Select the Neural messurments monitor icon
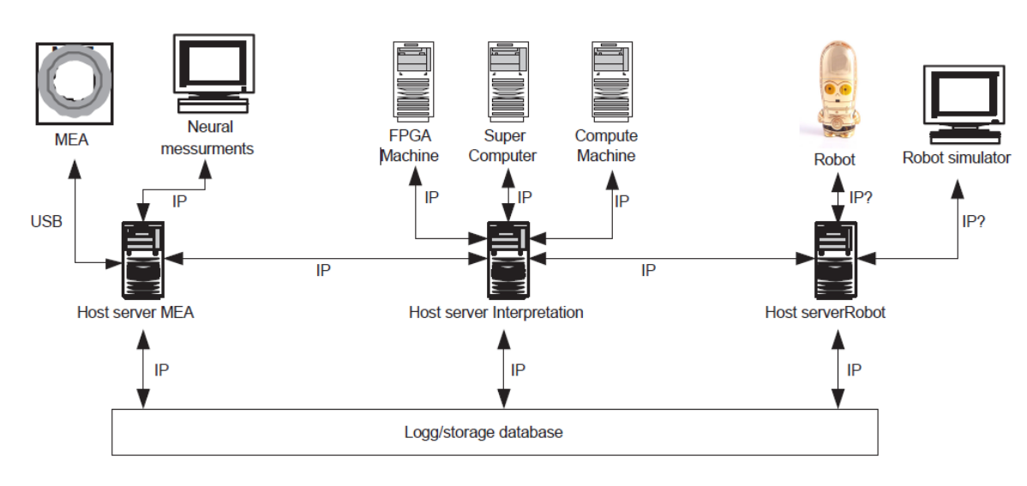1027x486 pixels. click(x=213, y=73)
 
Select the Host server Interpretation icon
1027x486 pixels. click(x=507, y=256)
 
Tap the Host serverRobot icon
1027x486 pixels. click(x=834, y=256)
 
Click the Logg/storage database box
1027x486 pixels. click(x=495, y=432)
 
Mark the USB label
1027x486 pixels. click(x=45, y=223)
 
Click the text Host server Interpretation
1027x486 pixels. click(x=495, y=313)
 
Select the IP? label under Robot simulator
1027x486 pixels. click(x=973, y=221)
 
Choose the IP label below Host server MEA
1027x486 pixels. click(x=161, y=370)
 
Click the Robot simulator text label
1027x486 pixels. click(x=956, y=158)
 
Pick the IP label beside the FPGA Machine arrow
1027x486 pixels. click(x=432, y=198)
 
